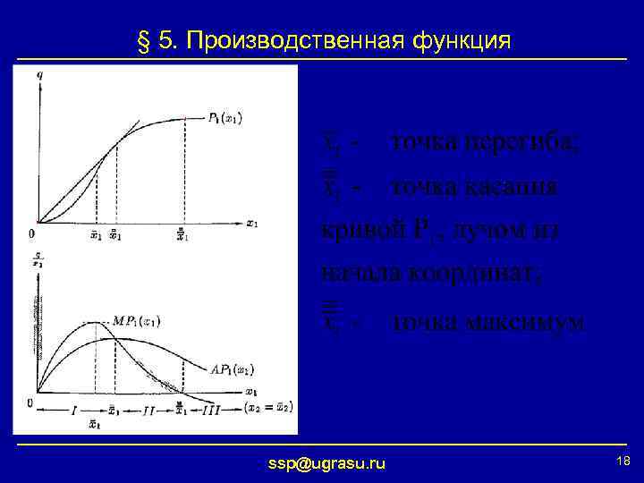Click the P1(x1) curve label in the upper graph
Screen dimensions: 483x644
(x=225, y=118)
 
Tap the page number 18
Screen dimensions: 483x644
(x=623, y=460)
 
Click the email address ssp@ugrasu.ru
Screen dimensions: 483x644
(x=327, y=462)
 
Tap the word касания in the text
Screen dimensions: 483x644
(x=513, y=187)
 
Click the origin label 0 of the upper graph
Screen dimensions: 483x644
(x=31, y=234)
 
